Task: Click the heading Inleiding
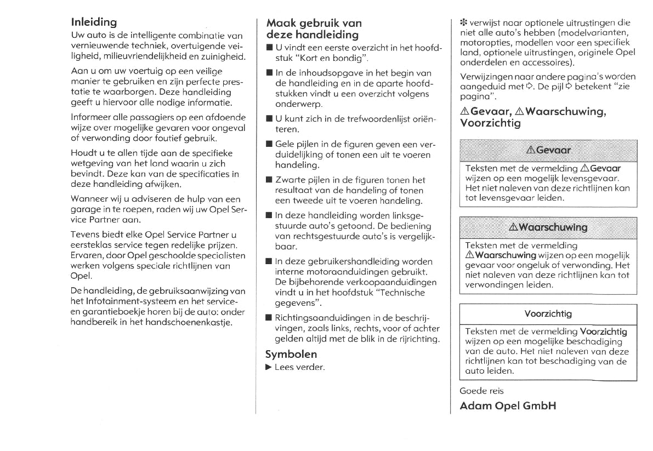94,22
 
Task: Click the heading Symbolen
291,354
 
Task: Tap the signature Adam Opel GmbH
508,406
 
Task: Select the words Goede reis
481,391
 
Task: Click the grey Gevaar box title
548,150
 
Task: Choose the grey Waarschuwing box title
548,227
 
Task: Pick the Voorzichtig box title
548,314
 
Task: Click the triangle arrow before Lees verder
268,367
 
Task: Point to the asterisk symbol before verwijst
463,23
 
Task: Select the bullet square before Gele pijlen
269,145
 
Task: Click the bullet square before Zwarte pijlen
269,180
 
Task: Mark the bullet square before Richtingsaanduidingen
269,318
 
